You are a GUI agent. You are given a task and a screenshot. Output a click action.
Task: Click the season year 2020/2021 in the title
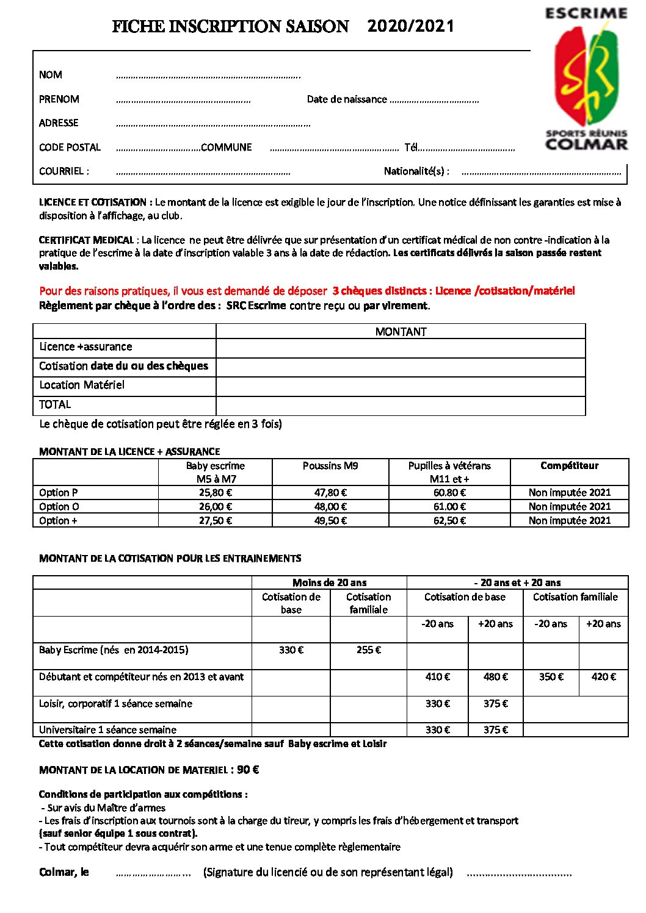click(411, 26)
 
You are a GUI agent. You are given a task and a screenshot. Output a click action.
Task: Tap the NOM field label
click(51, 75)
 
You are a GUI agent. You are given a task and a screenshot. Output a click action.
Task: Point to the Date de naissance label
click(346, 99)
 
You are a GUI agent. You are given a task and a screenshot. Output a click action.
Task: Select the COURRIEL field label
click(64, 171)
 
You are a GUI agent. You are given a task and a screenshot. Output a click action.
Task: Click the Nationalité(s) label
click(416, 171)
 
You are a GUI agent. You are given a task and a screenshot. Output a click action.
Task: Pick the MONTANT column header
click(401, 332)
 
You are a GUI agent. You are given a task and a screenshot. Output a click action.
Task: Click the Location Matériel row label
click(82, 385)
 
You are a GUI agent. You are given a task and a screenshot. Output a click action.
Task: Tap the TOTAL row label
click(55, 405)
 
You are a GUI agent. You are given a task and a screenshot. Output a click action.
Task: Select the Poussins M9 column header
click(330, 466)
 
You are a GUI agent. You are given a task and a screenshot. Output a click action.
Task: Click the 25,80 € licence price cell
click(215, 493)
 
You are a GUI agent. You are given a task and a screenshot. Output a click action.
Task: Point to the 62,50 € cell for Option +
click(449, 521)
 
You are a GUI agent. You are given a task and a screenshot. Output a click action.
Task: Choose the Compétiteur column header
click(569, 466)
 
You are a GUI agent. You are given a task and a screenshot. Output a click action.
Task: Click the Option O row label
click(59, 507)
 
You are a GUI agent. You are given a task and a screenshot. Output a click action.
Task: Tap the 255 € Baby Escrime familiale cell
click(368, 651)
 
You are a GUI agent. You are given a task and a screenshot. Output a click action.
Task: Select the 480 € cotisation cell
click(495, 677)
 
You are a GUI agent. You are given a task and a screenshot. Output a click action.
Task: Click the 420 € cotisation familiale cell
click(603, 677)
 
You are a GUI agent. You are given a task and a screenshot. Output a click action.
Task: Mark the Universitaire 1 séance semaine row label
click(107, 730)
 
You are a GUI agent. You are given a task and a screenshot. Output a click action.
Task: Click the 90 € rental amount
click(248, 770)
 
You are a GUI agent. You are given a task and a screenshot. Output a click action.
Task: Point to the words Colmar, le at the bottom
click(64, 872)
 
